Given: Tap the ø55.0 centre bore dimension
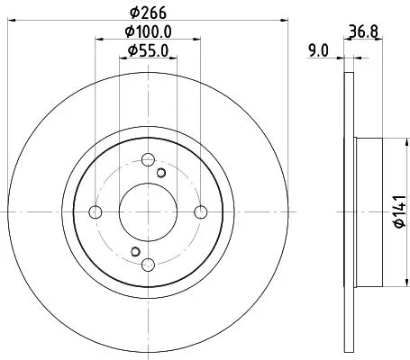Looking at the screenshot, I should [x=149, y=51].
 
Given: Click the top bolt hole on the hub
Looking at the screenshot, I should [x=148, y=159].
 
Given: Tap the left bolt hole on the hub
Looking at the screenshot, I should [x=96, y=211].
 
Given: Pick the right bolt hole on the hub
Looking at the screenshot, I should [x=201, y=211].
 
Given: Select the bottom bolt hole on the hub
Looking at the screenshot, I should [x=148, y=264].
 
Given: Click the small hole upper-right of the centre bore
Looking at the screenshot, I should [x=162, y=173].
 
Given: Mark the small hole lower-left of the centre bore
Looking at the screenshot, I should [x=134, y=251].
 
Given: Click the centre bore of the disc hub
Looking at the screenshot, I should [x=148, y=211].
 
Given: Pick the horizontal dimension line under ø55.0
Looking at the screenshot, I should [x=148, y=60].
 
